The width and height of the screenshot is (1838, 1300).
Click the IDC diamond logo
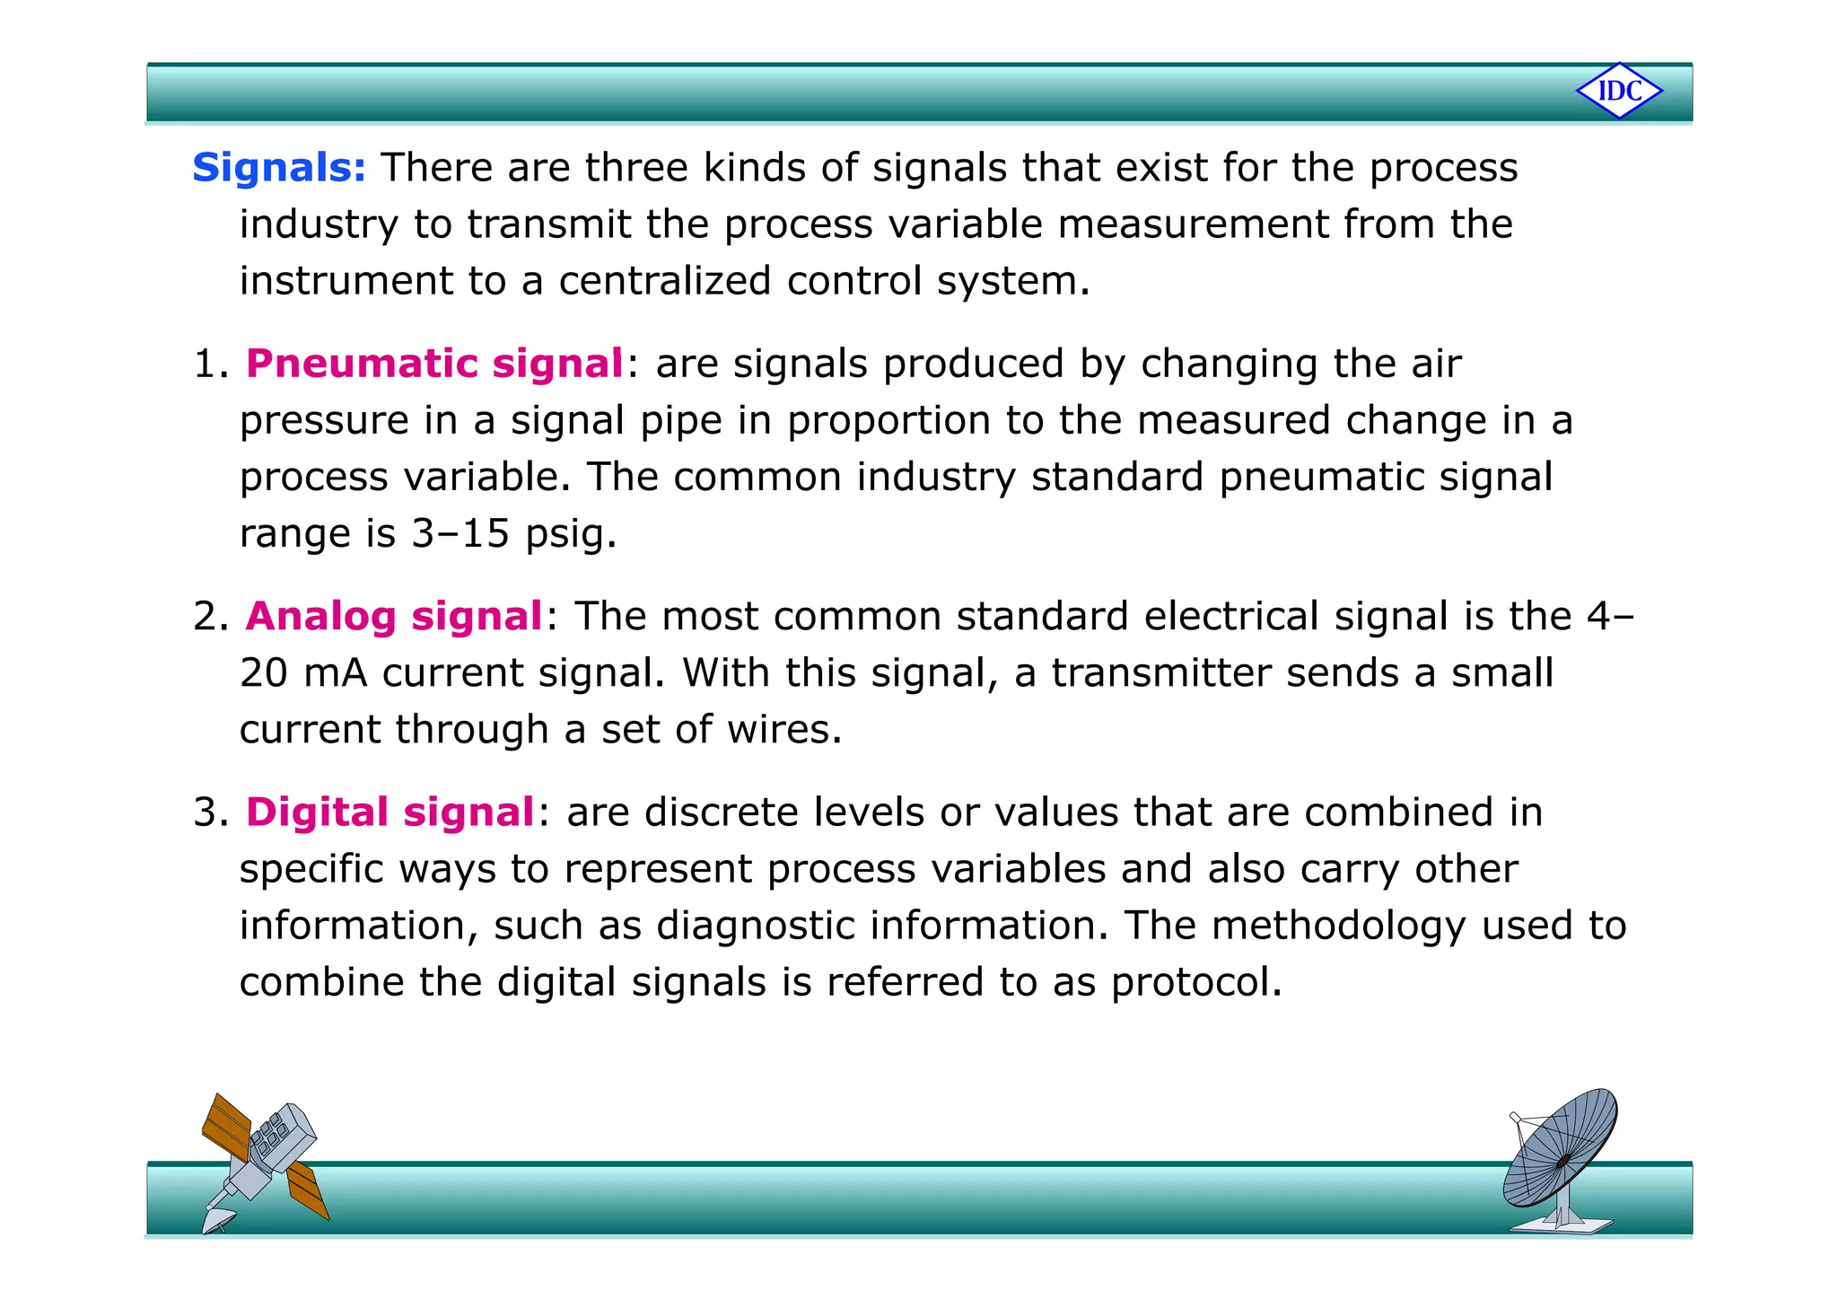pos(1619,91)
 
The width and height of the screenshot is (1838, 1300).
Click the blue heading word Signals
pos(278,168)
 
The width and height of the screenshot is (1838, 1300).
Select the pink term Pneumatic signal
pos(434,364)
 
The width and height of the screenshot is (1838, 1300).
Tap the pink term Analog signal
pos(394,617)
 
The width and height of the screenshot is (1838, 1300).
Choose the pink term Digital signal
pos(390,812)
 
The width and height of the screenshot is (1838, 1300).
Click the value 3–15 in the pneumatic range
pos(460,534)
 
